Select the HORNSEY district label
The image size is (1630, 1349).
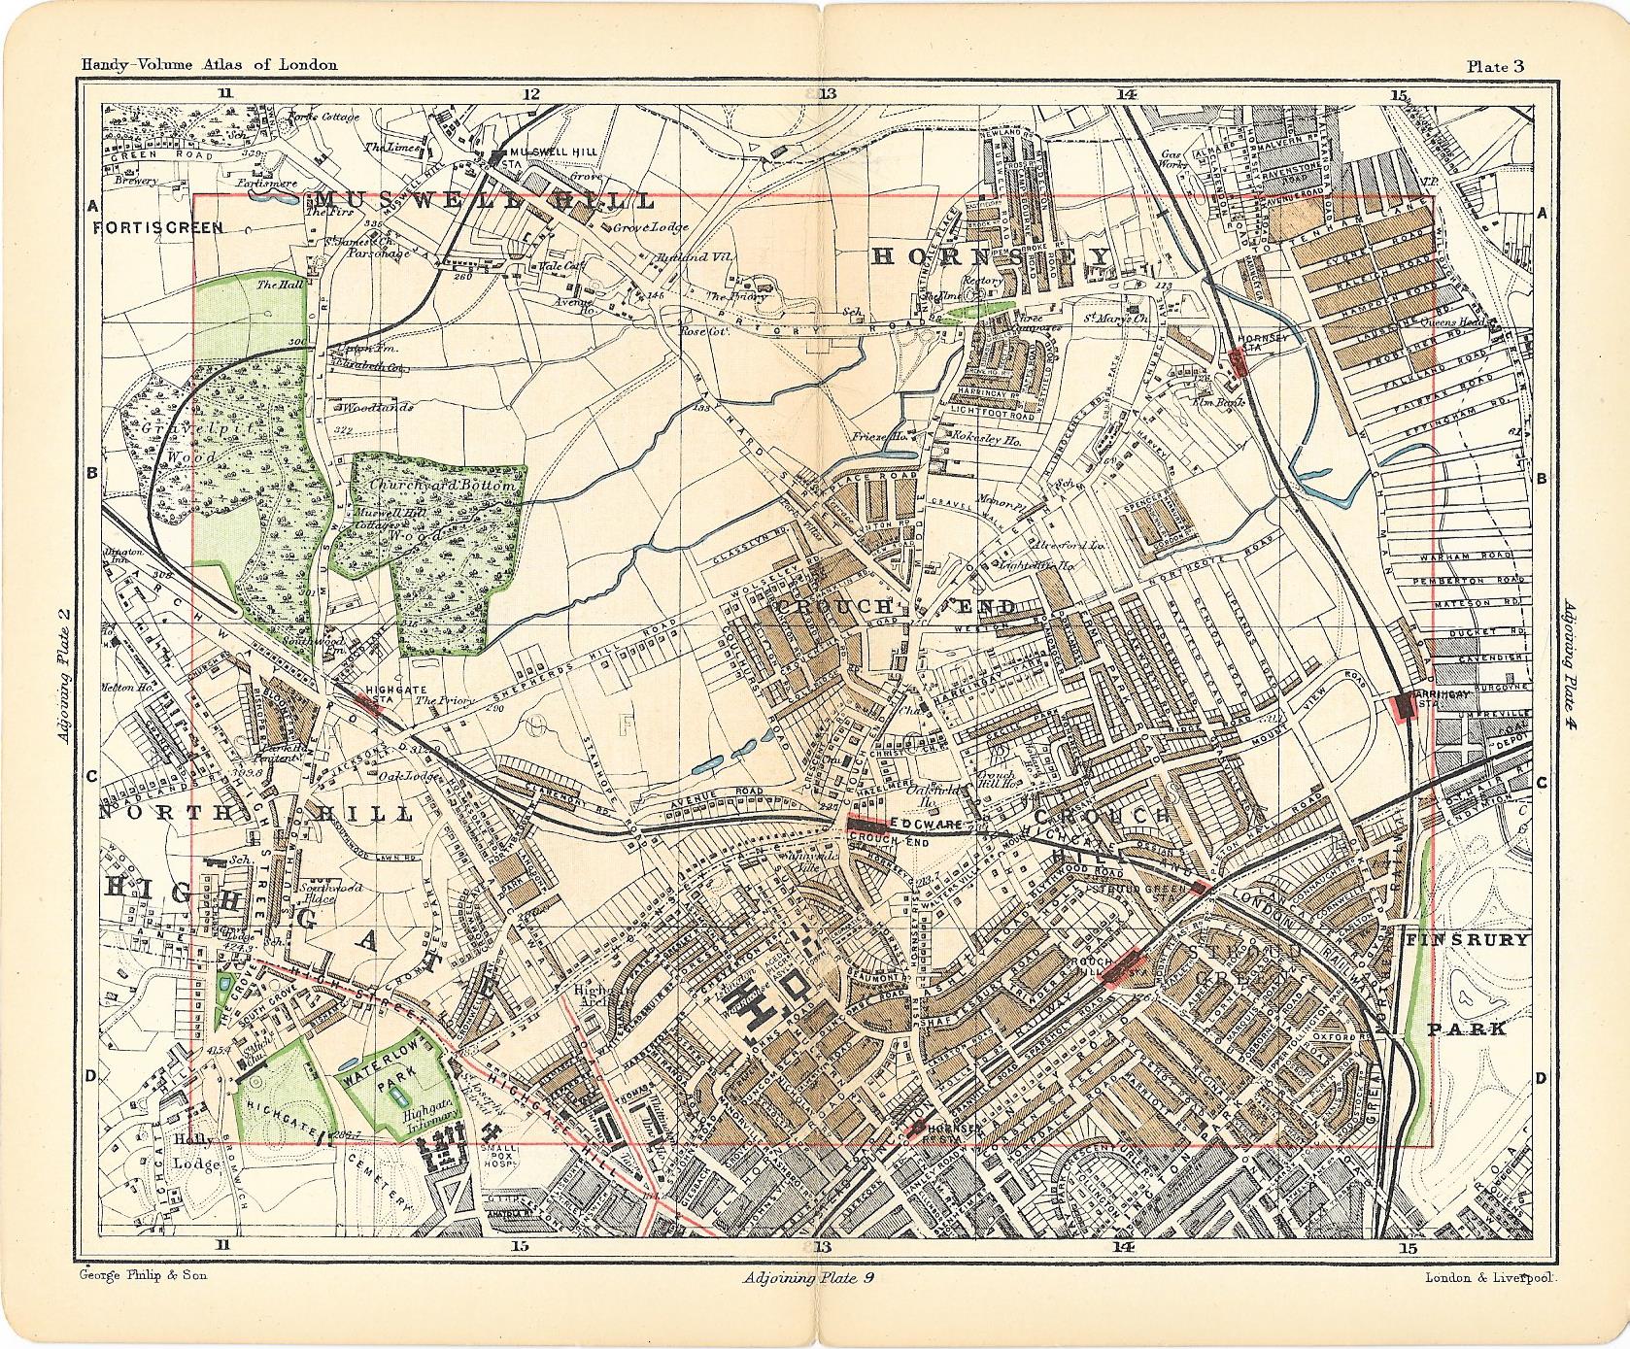click(x=990, y=256)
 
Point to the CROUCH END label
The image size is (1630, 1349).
click(x=895, y=607)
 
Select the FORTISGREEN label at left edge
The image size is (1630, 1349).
click(x=159, y=227)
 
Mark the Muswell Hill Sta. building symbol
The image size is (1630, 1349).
click(x=497, y=156)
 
